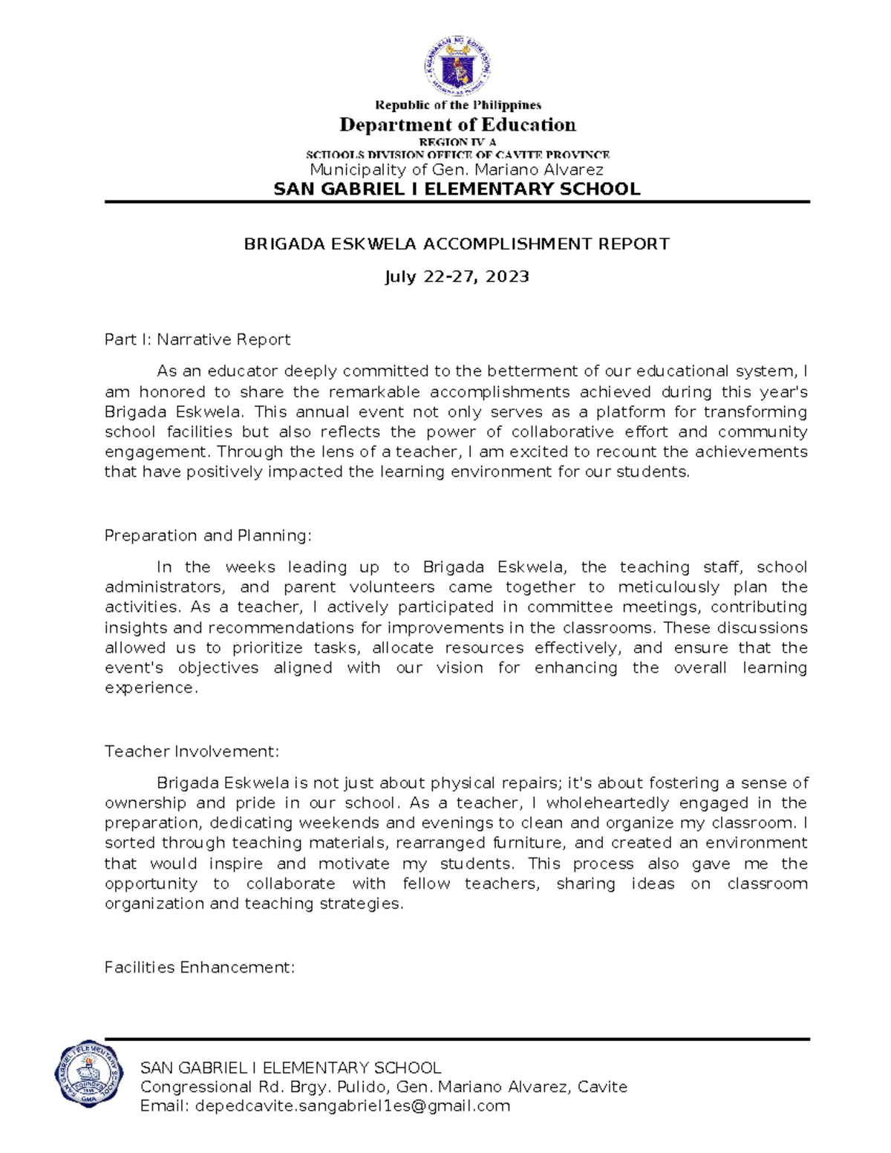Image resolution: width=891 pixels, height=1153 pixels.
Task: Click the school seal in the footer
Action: pyautogui.click(x=88, y=1074)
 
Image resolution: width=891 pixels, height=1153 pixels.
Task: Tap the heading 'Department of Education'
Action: pyautogui.click(x=457, y=125)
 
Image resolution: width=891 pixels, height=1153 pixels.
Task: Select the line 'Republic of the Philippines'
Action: pyautogui.click(x=457, y=105)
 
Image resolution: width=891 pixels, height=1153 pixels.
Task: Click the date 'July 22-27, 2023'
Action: pyautogui.click(x=457, y=277)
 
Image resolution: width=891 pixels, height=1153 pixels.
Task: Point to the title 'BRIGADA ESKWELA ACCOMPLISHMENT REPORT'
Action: pyautogui.click(x=457, y=244)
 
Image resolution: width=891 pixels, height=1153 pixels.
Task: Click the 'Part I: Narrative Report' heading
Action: pyautogui.click(x=197, y=340)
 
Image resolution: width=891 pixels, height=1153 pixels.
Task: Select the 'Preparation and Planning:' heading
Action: pyautogui.click(x=208, y=536)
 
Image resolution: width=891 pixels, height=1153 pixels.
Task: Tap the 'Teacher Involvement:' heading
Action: pyautogui.click(x=192, y=752)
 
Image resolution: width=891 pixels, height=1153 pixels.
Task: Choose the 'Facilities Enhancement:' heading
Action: pyautogui.click(x=200, y=968)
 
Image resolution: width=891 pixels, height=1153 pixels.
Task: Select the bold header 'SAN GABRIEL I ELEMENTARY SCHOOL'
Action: pyautogui.click(x=457, y=189)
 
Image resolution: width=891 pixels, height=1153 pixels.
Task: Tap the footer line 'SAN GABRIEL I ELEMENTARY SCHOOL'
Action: pyautogui.click(x=290, y=1068)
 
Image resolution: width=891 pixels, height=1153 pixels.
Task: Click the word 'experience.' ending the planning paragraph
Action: pyautogui.click(x=151, y=688)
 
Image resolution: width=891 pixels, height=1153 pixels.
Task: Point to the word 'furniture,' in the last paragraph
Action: pyautogui.click(x=527, y=843)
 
